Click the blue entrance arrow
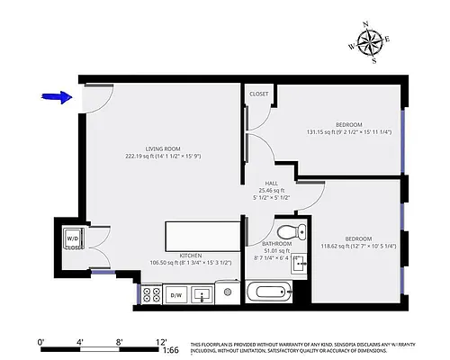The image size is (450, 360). pyautogui.click(x=57, y=97)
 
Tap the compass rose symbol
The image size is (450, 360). pyautogui.click(x=369, y=42)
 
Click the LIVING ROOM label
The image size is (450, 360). pyautogui.click(x=164, y=148)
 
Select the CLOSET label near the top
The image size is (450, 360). pyautogui.click(x=259, y=93)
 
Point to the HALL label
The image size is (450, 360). pyautogui.click(x=271, y=183)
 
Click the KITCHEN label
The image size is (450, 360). pyautogui.click(x=190, y=256)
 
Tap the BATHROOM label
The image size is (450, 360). pyautogui.click(x=277, y=244)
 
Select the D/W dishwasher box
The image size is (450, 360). pyautogui.click(x=176, y=293)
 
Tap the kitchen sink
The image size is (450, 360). pyautogui.click(x=203, y=293)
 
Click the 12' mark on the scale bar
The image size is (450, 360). pyautogui.click(x=161, y=342)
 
